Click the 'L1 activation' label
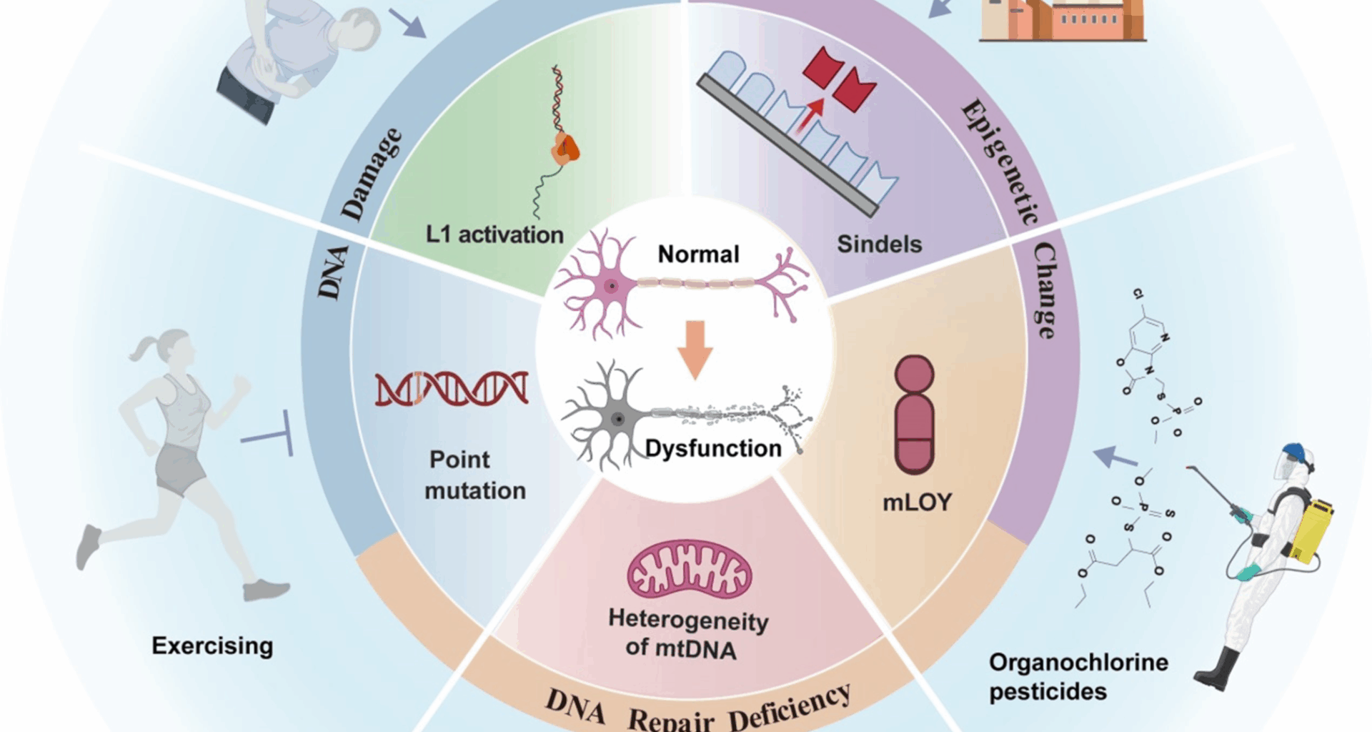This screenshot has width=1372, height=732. (x=494, y=234)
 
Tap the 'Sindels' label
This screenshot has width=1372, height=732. (x=879, y=244)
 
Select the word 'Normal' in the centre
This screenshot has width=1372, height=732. (x=698, y=254)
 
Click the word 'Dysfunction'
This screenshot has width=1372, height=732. (x=712, y=448)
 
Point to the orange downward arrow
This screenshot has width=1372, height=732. (x=695, y=349)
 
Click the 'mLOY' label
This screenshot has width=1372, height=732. (x=917, y=503)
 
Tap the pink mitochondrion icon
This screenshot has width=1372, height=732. (x=690, y=569)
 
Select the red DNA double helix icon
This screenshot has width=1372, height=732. (x=452, y=388)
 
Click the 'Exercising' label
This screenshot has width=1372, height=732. (x=212, y=646)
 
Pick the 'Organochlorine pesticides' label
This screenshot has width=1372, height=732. (x=1078, y=677)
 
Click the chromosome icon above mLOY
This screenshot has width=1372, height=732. (x=915, y=415)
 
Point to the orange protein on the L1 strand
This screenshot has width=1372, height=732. (x=565, y=149)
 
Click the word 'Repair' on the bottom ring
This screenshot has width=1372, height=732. (x=670, y=719)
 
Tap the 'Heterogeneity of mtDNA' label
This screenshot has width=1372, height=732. (x=687, y=634)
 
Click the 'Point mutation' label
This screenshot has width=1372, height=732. (x=474, y=475)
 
